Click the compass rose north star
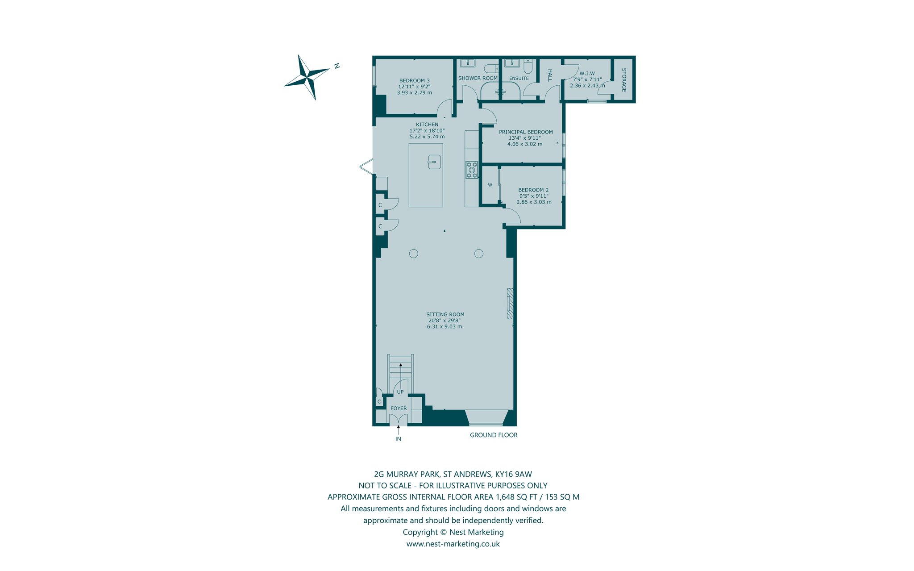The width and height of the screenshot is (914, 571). tap(307, 77)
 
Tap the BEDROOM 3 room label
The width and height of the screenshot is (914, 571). tap(415, 81)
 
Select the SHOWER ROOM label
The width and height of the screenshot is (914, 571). tap(478, 78)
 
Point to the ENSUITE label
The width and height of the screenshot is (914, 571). tap(519, 79)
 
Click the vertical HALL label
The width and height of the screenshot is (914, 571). tap(550, 75)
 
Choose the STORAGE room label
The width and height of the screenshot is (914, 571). tap(624, 80)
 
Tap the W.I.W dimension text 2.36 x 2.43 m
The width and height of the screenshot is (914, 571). tap(587, 86)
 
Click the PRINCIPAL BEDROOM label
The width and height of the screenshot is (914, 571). tap(526, 132)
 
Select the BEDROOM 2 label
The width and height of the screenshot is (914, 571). tap(533, 190)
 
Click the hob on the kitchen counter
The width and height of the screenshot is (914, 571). tap(472, 170)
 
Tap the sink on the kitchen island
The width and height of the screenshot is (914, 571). tap(434, 162)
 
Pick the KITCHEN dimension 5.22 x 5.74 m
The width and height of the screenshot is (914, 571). tap(427, 137)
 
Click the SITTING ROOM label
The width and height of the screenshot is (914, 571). tap(445, 315)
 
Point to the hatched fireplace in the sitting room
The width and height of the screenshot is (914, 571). tap(510, 304)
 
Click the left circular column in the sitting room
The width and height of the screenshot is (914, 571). tap(413, 254)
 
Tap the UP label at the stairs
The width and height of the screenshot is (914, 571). tap(400, 392)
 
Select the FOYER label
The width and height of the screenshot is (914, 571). tap(399, 408)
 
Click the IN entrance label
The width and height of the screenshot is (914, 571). tap(398, 439)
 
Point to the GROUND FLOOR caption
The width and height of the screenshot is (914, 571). tap(494, 435)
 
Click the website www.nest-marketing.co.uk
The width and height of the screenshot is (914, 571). tap(453, 544)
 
